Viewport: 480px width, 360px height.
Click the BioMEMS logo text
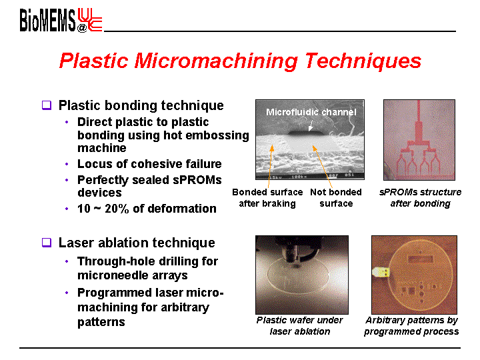click(x=47, y=20)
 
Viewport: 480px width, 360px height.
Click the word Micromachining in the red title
click(x=216, y=61)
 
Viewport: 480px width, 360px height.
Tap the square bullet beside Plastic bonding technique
click(x=47, y=105)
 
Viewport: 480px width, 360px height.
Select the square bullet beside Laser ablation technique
click(x=47, y=243)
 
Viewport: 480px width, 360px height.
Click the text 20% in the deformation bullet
click(x=117, y=209)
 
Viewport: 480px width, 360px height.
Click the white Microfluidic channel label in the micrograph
click(x=311, y=112)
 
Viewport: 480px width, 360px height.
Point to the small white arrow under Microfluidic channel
click(x=311, y=125)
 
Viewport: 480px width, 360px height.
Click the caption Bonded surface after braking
click(x=267, y=198)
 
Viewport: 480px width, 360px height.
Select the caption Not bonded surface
click(x=336, y=198)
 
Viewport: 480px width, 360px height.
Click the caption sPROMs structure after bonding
click(x=420, y=198)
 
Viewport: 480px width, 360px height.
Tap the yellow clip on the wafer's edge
click(x=381, y=272)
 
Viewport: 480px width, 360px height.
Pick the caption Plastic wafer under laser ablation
click(x=300, y=326)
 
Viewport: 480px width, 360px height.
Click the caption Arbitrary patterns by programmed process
click(x=411, y=326)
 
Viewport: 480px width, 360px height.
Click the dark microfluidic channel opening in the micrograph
click(x=305, y=133)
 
